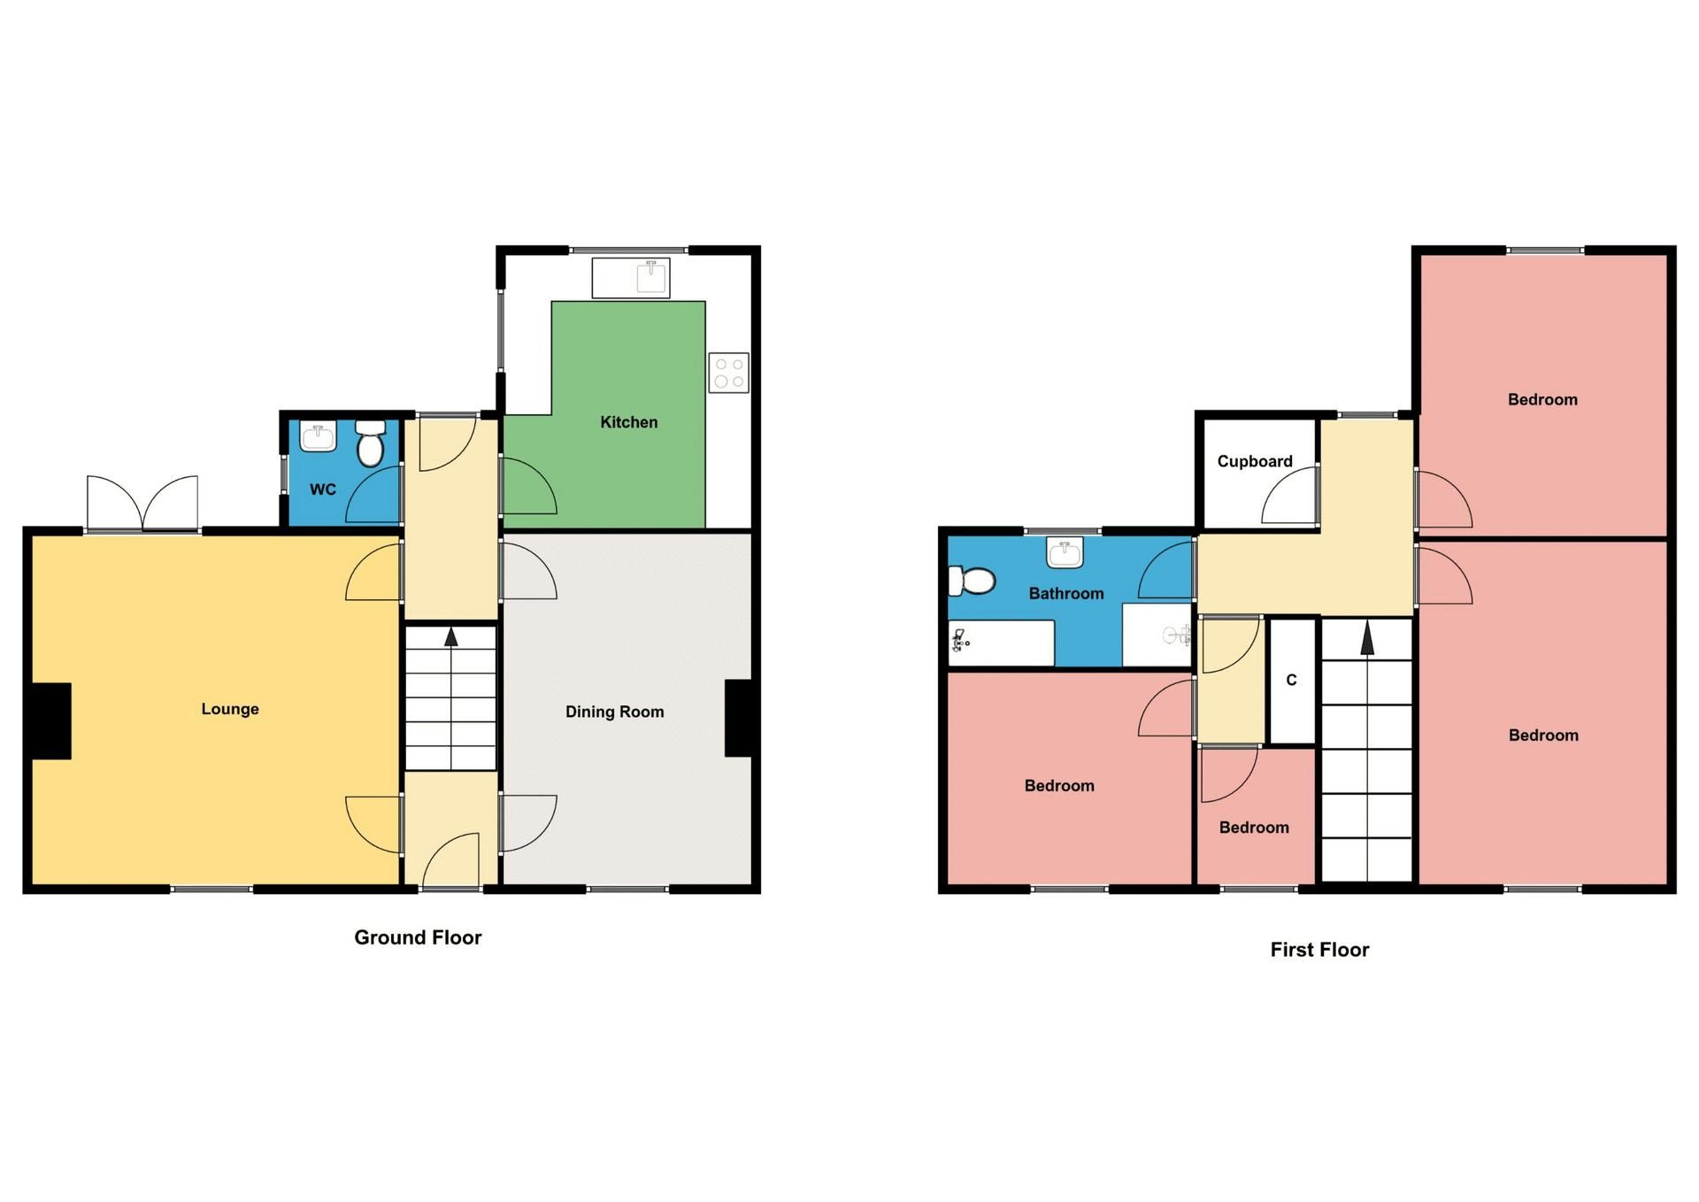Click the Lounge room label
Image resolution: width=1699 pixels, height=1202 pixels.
(230, 709)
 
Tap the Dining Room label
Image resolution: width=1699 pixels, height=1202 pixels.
(614, 712)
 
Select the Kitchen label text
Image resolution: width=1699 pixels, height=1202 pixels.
(628, 422)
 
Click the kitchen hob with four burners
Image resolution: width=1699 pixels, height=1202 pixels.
(728, 373)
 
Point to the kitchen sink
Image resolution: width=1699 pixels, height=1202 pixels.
(650, 276)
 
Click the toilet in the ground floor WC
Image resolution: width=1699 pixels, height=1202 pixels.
(370, 444)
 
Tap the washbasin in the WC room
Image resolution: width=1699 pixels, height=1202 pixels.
(318, 437)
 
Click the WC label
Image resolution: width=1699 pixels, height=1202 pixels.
(323, 489)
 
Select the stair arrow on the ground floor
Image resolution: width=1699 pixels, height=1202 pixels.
(451, 636)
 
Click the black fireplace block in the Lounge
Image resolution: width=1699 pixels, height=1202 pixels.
(51, 720)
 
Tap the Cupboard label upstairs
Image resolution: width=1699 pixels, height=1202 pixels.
(1254, 461)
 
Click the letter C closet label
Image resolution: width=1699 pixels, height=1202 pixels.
(1291, 680)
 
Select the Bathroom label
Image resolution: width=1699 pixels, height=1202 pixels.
(1065, 594)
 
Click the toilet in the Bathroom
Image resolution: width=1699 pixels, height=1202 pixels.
(972, 582)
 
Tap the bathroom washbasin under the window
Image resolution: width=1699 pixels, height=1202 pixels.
(1065, 552)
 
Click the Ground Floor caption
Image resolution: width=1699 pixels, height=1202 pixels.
(418, 938)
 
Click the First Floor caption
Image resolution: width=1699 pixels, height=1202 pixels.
(1319, 950)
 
